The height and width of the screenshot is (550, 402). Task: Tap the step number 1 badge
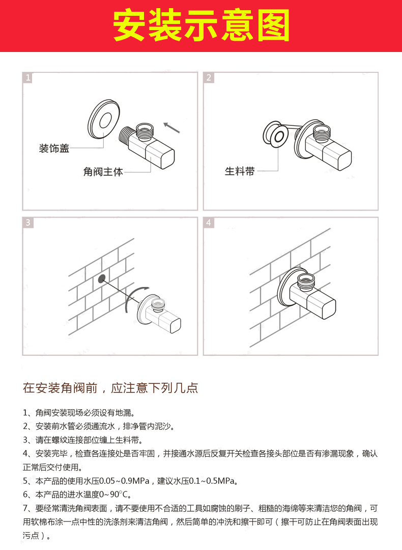coord(28,77)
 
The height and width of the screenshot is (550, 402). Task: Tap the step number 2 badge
coord(209,77)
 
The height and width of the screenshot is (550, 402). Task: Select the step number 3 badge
coord(28,223)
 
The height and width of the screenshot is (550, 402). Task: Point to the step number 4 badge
coord(209,223)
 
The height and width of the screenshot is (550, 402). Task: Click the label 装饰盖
coord(54,148)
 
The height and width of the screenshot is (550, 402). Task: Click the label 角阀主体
coord(103,172)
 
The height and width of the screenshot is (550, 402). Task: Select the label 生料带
coord(240,172)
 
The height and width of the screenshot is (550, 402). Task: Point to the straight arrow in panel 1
coord(172,127)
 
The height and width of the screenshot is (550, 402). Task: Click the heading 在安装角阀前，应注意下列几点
coord(110,388)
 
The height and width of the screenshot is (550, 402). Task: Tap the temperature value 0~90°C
coord(116,494)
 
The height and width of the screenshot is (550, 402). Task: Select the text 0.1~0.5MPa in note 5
coord(212,481)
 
